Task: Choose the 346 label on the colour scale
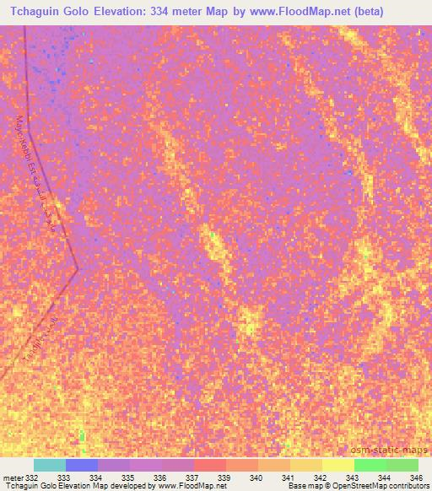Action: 416,478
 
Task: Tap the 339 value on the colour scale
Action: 224,478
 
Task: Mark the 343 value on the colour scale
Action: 352,478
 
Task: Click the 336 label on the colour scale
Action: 159,478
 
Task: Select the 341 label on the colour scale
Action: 288,478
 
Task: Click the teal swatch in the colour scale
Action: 50,465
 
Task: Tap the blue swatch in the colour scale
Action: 82,465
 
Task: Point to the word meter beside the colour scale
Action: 12,478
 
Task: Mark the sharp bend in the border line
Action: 78,270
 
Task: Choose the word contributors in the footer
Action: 403,486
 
